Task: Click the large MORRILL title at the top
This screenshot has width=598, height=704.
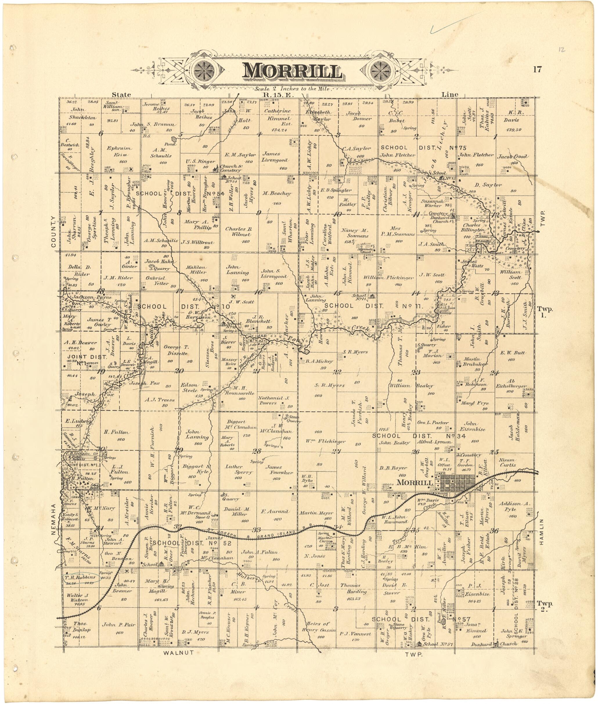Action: coord(292,71)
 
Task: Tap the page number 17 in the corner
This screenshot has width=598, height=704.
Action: coord(537,70)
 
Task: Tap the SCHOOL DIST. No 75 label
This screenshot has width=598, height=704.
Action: coord(424,147)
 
